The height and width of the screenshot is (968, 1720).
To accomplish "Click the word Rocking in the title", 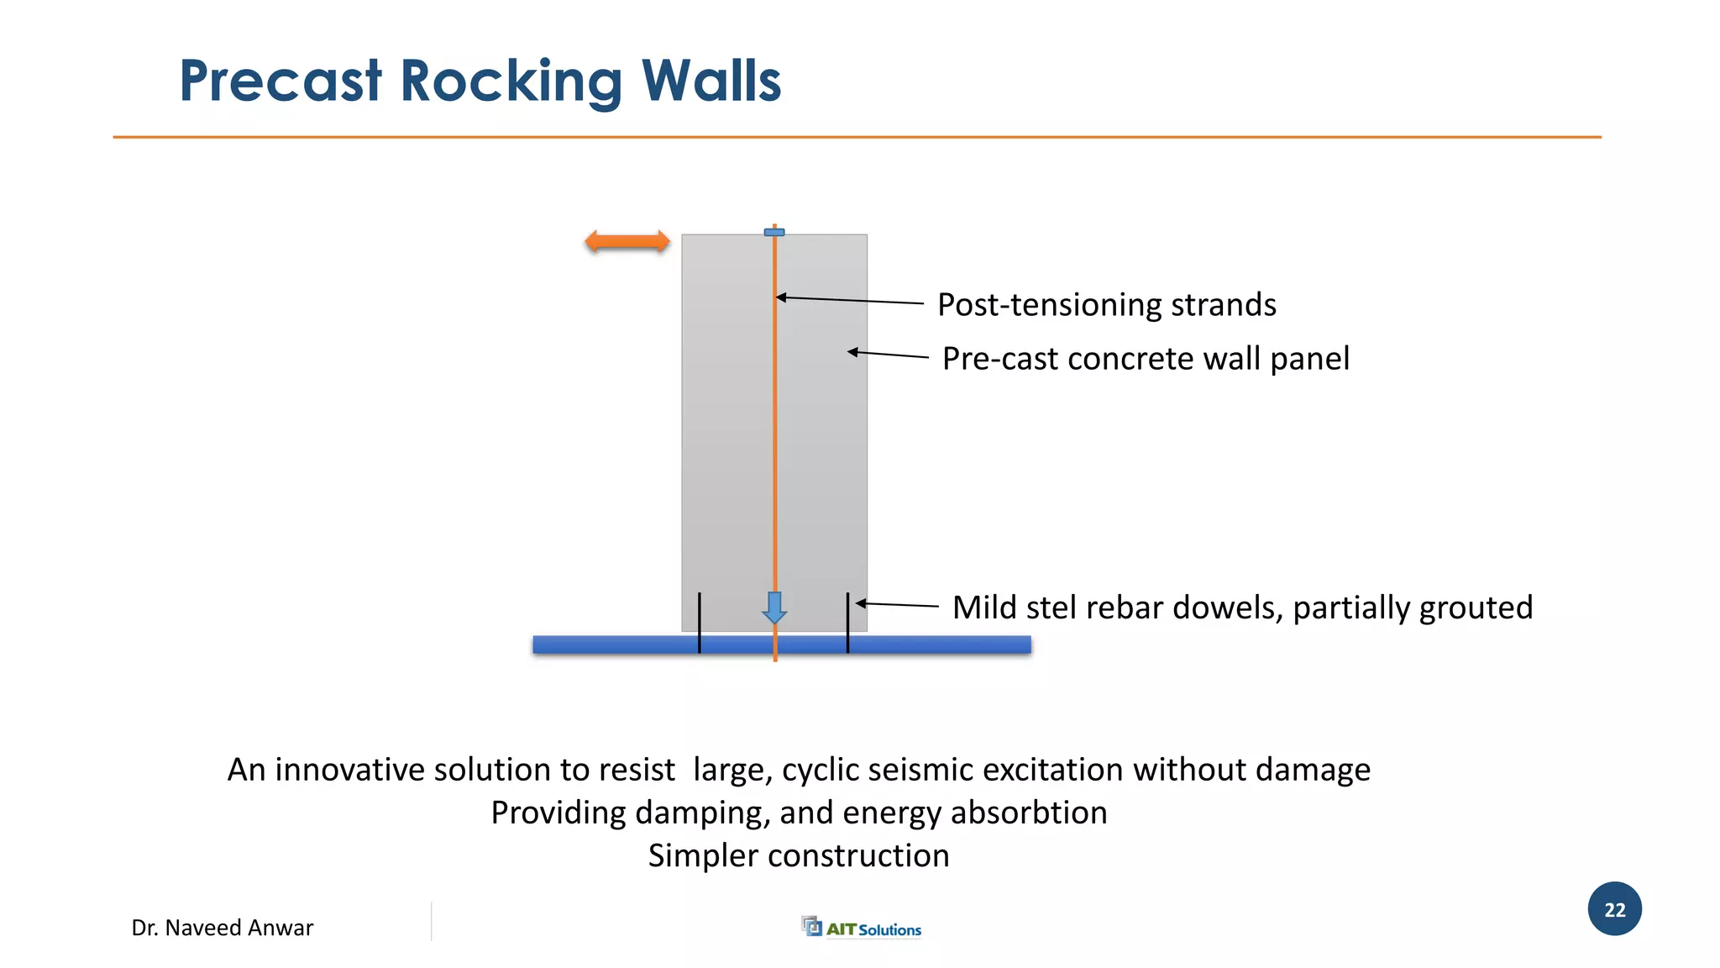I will tap(511, 82).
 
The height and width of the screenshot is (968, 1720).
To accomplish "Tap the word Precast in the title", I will tap(281, 82).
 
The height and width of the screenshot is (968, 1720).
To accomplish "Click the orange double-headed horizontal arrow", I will tap(627, 242).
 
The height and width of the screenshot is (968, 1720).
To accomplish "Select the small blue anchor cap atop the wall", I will tap(774, 232).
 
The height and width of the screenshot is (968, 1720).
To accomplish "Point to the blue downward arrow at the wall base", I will tap(774, 607).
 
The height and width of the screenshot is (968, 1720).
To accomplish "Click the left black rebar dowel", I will tap(700, 623).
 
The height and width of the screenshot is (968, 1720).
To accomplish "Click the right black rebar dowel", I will tap(848, 623).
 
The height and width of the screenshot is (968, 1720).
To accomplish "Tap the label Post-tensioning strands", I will tap(1106, 305).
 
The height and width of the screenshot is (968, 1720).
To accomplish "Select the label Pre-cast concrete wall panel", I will tap(1146, 359).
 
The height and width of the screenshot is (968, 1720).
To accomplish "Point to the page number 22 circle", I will tap(1614, 909).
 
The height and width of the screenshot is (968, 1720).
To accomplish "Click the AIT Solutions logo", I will tap(862, 928).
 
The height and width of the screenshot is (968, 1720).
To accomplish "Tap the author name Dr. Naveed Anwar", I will tap(223, 928).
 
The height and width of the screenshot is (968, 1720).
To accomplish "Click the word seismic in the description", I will tap(924, 770).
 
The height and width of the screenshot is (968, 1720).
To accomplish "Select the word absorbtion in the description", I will tap(1029, 813).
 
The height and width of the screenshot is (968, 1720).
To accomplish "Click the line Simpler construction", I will tap(799, 855).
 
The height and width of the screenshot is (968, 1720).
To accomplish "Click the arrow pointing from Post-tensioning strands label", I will tap(848, 300).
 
